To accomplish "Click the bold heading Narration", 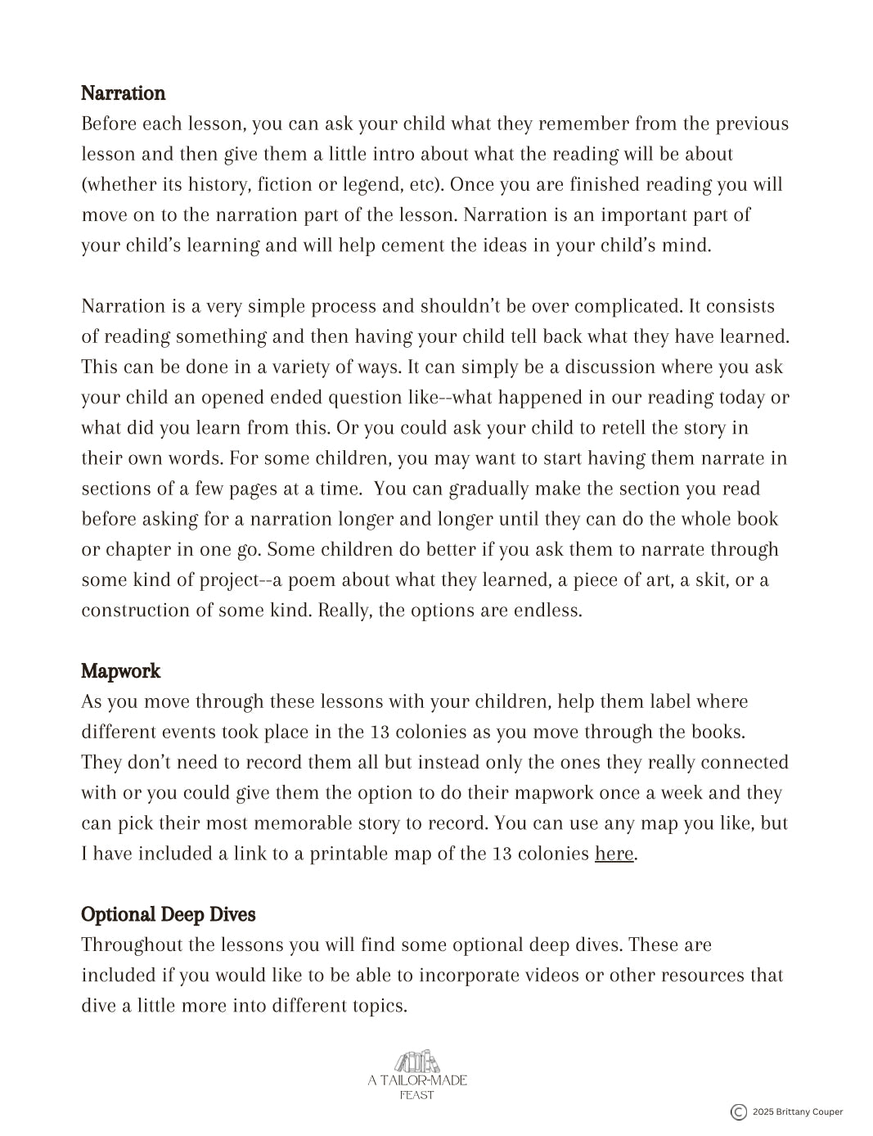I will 123,93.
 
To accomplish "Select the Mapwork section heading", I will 120,671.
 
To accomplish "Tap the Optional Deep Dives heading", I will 168,914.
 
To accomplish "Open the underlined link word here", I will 614,854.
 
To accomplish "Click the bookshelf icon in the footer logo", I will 417,1062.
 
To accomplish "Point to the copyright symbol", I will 738,1111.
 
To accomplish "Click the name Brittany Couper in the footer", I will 810,1111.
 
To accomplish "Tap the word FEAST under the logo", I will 417,1095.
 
